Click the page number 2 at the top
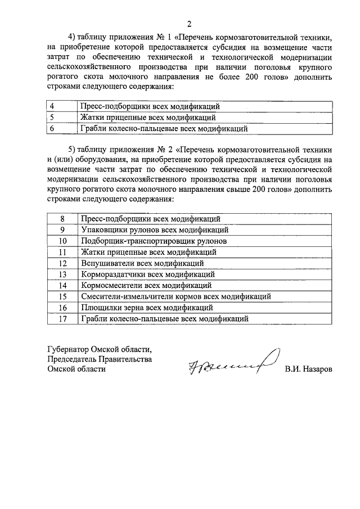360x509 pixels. pos(190,24)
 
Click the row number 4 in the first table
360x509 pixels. pos(52,106)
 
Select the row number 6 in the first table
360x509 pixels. pos(52,129)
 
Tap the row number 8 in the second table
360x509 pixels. pos(63,218)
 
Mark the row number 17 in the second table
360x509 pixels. pos(63,319)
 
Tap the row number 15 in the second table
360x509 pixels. pos(63,296)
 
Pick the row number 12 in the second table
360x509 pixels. pos(63,263)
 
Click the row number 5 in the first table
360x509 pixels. pos(52,118)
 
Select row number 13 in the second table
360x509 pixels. pos(63,274)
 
